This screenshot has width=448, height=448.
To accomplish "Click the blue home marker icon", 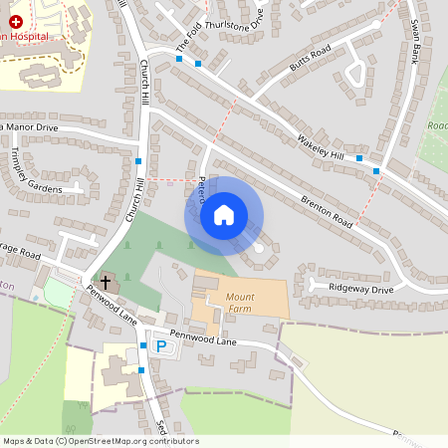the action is (x=224, y=214).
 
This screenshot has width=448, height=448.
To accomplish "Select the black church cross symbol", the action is (x=107, y=283).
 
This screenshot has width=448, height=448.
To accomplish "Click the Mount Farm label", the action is (x=240, y=303).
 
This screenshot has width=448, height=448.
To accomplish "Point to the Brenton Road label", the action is (x=330, y=211).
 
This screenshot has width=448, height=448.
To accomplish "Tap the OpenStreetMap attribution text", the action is (x=101, y=441).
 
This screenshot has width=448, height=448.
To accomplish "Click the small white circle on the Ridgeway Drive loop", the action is (x=260, y=248).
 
